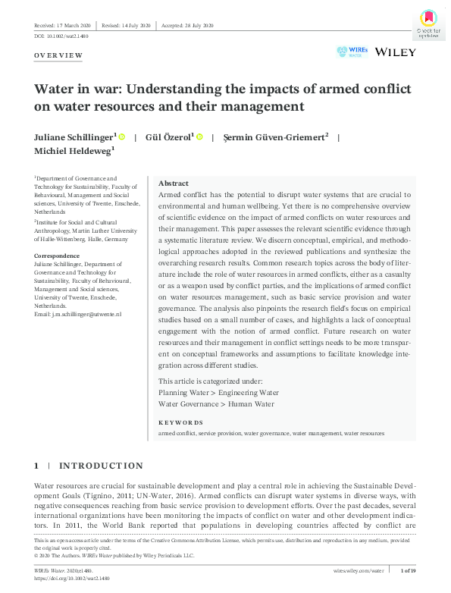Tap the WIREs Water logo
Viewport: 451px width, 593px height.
pyautogui.click(x=352, y=52)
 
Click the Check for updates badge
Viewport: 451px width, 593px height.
pyautogui.click(x=428, y=23)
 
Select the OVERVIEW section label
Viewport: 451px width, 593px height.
pyautogui.click(x=58, y=56)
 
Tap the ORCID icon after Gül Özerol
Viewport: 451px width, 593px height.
pyautogui.click(x=199, y=137)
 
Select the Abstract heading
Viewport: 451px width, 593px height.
pyautogui.click(x=173, y=184)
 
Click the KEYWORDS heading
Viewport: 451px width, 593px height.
pyautogui.click(x=180, y=422)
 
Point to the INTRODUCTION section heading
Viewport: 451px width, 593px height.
pyautogui.click(x=101, y=466)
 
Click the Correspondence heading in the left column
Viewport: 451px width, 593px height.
pyautogui.click(x=57, y=256)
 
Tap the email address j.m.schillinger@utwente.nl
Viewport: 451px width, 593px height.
pyautogui.click(x=78, y=314)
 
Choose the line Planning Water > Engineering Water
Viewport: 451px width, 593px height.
pyautogui.click(x=218, y=393)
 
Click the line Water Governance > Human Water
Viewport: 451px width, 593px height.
pyautogui.click(x=216, y=404)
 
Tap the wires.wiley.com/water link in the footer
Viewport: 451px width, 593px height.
pyautogui.click(x=359, y=569)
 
